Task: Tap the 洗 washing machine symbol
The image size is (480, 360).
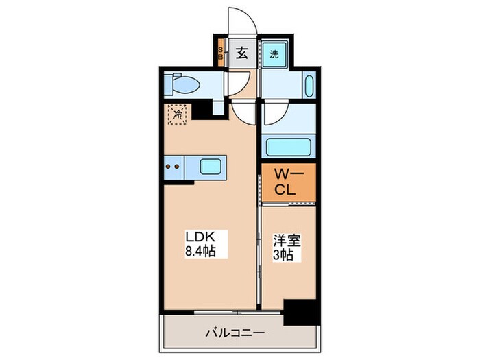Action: pyautogui.click(x=274, y=54)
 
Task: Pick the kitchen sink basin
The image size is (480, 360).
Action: pyautogui.click(x=210, y=166)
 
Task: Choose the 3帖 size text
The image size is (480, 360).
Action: pyautogui.click(x=285, y=256)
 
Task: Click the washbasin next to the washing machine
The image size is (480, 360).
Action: pyautogui.click(x=307, y=87)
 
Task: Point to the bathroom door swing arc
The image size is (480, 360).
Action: pyautogui.click(x=276, y=112)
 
